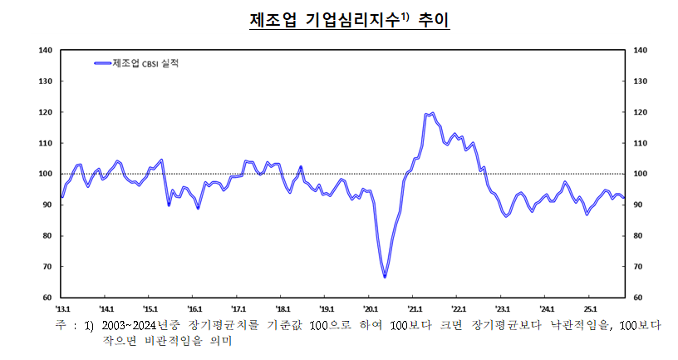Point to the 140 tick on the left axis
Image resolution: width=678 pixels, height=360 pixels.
tap(46, 51)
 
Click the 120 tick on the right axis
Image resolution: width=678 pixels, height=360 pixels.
tap(640, 112)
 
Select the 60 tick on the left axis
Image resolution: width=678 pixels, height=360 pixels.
tap(47, 297)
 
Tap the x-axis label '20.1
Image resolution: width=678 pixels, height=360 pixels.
tap(371, 307)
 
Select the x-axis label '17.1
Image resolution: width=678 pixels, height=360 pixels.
tap(238, 307)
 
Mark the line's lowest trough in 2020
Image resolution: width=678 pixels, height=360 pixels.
tap(385, 277)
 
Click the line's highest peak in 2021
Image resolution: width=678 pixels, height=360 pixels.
tap(432, 113)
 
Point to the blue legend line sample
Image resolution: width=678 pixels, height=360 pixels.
tap(102, 63)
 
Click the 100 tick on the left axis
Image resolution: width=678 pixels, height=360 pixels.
tap(46, 174)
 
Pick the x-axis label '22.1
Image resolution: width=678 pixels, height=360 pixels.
tap(459, 307)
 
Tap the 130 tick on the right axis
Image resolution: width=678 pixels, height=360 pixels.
tap(640, 81)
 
